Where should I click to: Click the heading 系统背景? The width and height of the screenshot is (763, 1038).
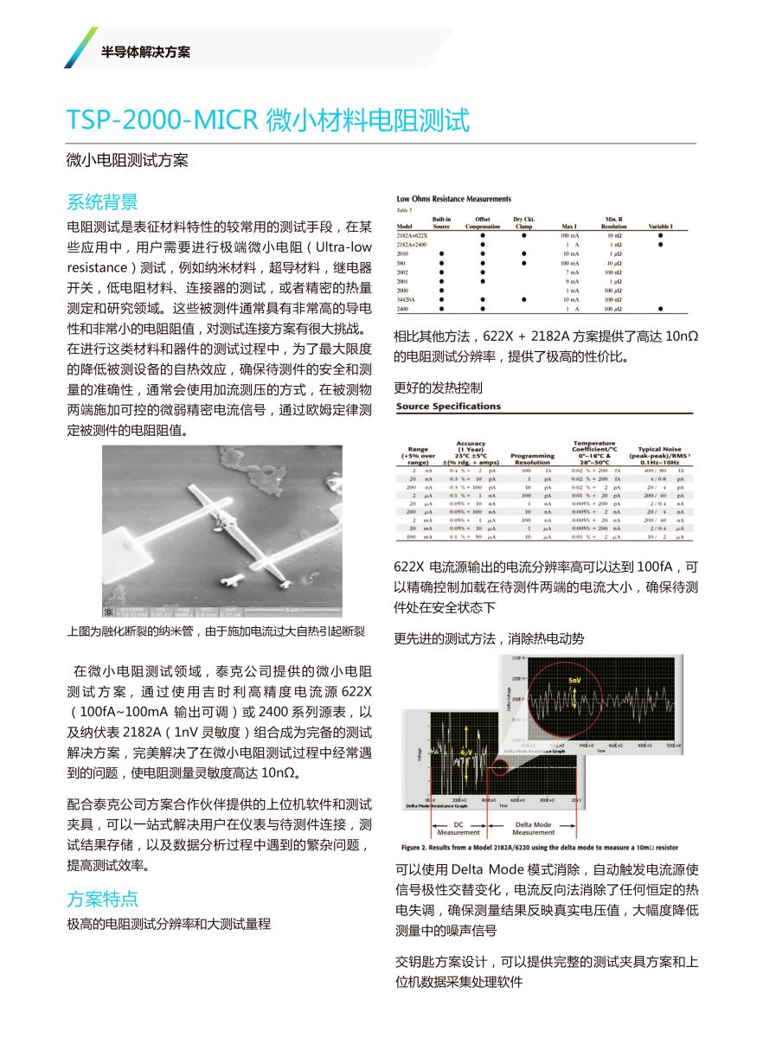[x=102, y=202]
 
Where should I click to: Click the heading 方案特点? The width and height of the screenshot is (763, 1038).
[x=102, y=898]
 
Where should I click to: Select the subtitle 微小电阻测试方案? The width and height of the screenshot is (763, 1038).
[x=127, y=161]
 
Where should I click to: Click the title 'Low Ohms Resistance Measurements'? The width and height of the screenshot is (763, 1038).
[x=453, y=199]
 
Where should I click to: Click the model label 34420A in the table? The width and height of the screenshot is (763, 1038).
[x=407, y=299]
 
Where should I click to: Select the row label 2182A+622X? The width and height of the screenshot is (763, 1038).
[x=413, y=235]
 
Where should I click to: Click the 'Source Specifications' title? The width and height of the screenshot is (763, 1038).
[x=448, y=407]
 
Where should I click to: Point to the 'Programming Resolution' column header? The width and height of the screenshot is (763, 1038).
[x=532, y=459]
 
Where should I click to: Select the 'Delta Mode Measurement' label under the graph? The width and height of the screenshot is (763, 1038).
[x=533, y=829]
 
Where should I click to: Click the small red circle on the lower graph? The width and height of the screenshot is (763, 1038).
[x=499, y=766]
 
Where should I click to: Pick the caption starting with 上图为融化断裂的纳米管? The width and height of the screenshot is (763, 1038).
[x=216, y=631]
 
